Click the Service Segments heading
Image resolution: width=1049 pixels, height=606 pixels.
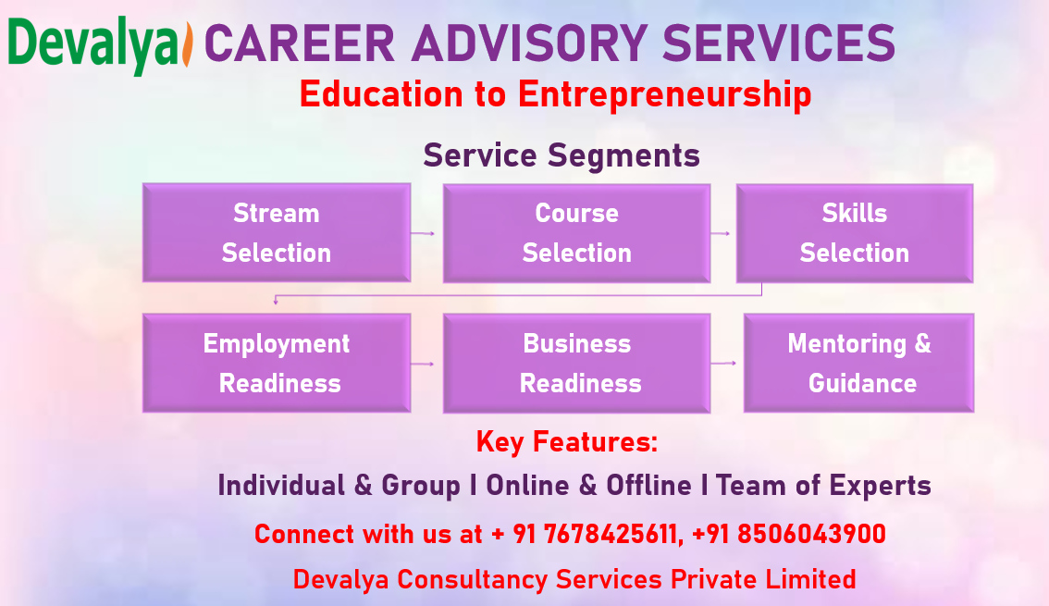pos(562,155)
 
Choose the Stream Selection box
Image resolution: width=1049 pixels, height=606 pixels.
pos(276,232)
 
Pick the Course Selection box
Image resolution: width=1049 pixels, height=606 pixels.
pos(576,232)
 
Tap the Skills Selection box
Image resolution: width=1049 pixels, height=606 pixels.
pos(854,232)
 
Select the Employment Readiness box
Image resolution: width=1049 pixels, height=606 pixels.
pos(276,363)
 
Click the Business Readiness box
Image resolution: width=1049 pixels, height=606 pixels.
pos(576,363)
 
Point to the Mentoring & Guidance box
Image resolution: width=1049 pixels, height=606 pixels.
pos(858,363)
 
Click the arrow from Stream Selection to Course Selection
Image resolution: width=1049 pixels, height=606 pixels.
pos(424,234)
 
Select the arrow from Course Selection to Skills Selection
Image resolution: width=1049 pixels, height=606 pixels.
pos(721,234)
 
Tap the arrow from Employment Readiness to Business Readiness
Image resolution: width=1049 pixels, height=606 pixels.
pos(424,364)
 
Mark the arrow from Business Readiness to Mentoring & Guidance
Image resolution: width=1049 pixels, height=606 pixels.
pos(724,363)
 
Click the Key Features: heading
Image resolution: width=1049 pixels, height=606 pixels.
pos(566,442)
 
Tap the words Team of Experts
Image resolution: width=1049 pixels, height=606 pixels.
pos(823,486)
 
